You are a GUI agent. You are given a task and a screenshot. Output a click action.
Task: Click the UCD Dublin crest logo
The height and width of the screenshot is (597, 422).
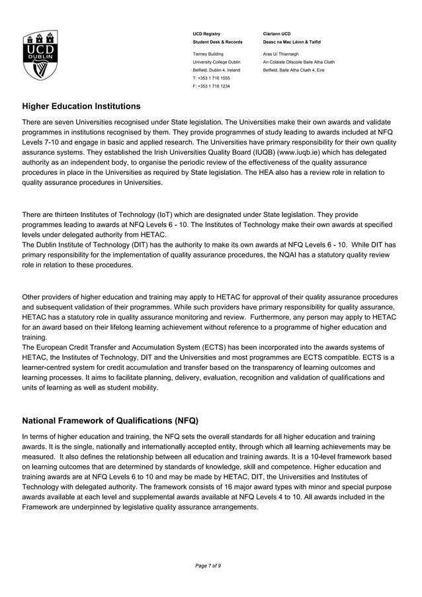[x=39, y=55]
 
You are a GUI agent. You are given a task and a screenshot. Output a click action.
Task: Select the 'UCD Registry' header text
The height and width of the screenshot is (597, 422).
[x=206, y=33]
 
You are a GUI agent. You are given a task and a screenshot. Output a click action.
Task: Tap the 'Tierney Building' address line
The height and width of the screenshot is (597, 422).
[x=208, y=54]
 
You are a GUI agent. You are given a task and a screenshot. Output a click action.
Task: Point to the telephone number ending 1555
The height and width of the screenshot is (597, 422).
[x=211, y=77]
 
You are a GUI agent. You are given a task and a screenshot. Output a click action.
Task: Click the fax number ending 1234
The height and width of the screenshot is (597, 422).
[x=211, y=86]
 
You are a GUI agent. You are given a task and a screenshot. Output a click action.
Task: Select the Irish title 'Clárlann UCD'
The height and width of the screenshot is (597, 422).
[x=276, y=33]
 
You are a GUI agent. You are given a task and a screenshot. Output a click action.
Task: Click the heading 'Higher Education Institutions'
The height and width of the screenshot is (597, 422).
[x=81, y=106]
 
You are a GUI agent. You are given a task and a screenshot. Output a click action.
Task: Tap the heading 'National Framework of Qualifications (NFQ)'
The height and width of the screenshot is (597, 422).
[x=110, y=421]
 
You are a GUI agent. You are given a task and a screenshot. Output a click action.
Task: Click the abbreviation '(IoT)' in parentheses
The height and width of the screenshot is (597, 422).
[x=165, y=214]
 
